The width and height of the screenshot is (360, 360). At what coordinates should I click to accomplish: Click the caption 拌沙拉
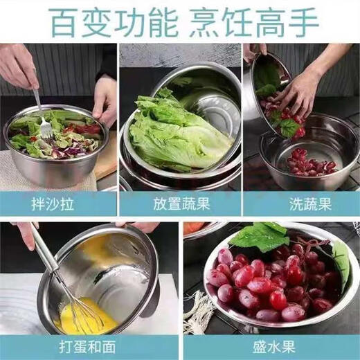click(59, 204)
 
